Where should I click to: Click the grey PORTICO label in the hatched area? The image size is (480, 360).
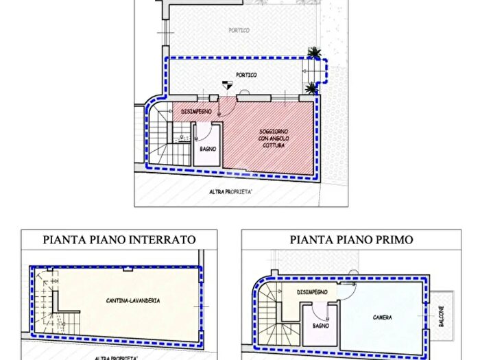pos(239,30)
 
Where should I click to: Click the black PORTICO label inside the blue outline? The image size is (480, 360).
pos(246,75)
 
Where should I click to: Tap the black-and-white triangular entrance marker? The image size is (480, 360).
pos(228,85)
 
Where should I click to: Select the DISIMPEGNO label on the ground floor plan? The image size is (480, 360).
pos(196,111)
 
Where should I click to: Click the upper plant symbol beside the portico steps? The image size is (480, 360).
pos(314,53)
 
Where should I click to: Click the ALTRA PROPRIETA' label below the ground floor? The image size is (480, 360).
pos(231,191)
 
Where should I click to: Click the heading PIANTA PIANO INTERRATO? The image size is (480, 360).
pos(119,240)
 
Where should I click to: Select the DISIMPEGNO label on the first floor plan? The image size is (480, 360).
pos(316,292)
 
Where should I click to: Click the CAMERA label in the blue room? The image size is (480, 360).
pos(382,318)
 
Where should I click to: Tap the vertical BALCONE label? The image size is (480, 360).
pos(442,317)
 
